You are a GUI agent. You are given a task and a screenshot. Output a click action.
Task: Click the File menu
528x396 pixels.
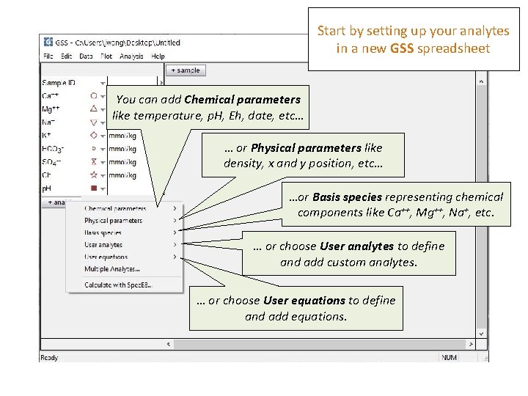coord(48,56)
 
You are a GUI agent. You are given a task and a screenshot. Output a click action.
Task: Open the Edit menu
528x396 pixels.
coord(67,56)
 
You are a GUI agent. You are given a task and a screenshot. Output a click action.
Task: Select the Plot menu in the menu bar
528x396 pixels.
coord(106,56)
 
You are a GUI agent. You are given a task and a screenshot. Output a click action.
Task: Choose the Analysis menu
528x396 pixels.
coord(131,56)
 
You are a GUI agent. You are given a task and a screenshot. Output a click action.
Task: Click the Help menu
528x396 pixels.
coord(158,56)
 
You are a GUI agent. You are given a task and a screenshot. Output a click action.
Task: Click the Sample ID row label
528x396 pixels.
coord(59,82)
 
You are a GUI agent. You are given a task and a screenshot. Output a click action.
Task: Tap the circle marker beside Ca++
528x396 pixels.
coord(93,95)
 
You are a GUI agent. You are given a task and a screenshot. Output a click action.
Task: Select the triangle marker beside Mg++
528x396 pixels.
coord(93,109)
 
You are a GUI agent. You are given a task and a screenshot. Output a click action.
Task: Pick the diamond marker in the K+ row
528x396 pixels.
coord(93,136)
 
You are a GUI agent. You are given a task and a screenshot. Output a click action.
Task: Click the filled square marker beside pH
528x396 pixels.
coord(93,188)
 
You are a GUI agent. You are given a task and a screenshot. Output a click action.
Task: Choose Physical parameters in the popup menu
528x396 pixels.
coord(113,221)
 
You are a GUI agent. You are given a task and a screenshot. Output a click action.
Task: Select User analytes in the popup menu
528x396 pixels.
coord(103,245)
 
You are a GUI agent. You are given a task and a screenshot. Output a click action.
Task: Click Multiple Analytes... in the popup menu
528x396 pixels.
coord(111,269)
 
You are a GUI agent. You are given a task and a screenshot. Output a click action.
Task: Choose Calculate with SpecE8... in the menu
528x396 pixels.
coord(118,285)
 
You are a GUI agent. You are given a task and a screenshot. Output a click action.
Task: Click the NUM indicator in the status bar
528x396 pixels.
coord(449,357)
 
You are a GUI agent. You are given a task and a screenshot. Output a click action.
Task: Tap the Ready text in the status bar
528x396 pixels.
coord(49,357)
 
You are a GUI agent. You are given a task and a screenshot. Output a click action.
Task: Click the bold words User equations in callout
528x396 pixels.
coord(304,300)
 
